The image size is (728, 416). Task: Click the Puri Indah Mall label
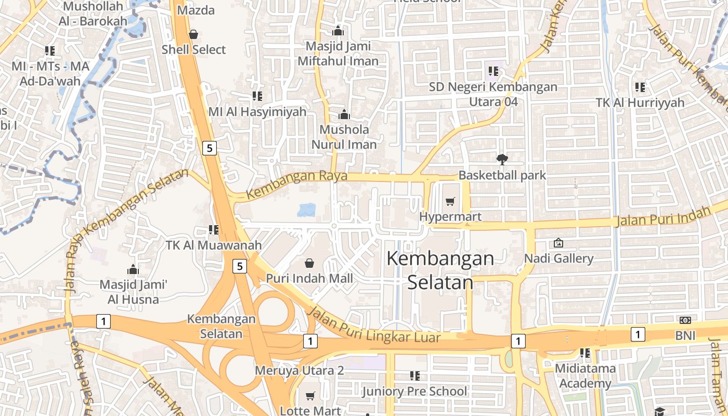pyautogui.click(x=309, y=278)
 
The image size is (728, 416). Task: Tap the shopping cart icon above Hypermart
pyautogui.click(x=450, y=201)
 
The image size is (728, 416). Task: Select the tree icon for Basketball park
pyautogui.click(x=502, y=159)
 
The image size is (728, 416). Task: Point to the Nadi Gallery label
pyautogui.click(x=558, y=258)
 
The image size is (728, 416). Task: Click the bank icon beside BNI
pyautogui.click(x=685, y=320)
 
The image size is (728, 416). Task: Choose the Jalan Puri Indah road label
pyautogui.click(x=662, y=216)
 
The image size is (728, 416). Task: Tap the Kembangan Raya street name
pyautogui.click(x=296, y=184)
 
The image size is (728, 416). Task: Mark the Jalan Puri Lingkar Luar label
pyautogui.click(x=374, y=327)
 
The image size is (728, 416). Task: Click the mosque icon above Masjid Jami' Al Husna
pyautogui.click(x=133, y=269)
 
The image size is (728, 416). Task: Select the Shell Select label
pyautogui.click(x=193, y=49)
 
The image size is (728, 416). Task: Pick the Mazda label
pyautogui.click(x=196, y=10)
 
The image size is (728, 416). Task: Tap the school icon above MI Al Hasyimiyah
pyautogui.click(x=257, y=96)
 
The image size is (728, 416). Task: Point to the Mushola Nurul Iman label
pyautogui.click(x=344, y=137)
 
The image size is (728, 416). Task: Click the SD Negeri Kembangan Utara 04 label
pyautogui.click(x=493, y=94)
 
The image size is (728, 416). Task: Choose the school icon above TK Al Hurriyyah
pyautogui.click(x=640, y=87)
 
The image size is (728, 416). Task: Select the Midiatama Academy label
pyautogui.click(x=585, y=376)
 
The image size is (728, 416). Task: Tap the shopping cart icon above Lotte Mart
pyautogui.click(x=310, y=396)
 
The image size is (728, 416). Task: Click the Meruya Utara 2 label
pyautogui.click(x=299, y=371)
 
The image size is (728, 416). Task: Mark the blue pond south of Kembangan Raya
pyautogui.click(x=306, y=210)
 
